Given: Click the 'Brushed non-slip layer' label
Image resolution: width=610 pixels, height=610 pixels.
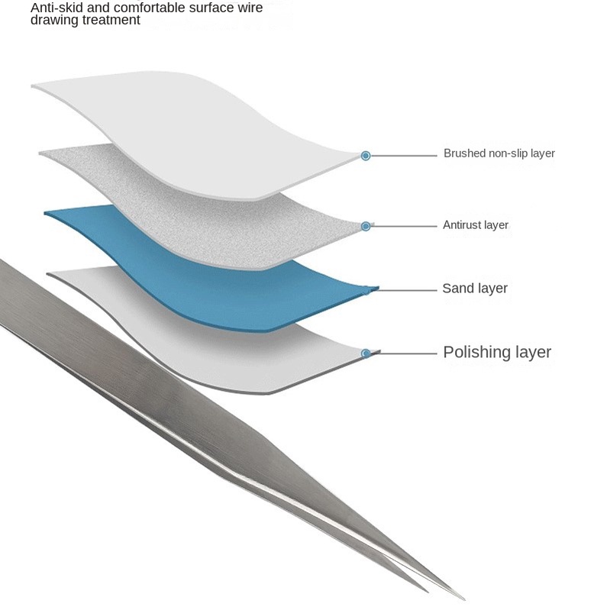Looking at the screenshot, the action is click(x=499, y=153).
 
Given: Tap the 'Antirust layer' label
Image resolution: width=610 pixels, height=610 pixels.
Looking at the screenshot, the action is click(x=476, y=225).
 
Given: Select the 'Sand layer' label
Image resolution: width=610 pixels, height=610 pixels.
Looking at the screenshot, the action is click(x=475, y=289).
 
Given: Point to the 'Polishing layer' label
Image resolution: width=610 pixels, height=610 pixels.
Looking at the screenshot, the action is click(x=497, y=352).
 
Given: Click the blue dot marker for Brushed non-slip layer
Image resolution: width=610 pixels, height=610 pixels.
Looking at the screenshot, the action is click(x=365, y=156).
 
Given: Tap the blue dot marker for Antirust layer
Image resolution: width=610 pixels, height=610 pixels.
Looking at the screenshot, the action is click(x=366, y=227).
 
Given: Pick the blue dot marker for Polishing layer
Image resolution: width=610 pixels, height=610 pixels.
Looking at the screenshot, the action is click(x=366, y=353).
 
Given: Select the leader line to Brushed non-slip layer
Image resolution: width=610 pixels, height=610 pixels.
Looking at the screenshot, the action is click(x=404, y=156).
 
